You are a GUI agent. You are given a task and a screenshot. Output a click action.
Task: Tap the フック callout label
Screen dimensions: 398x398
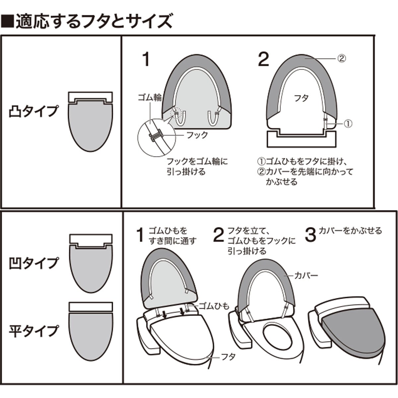pos(197,135)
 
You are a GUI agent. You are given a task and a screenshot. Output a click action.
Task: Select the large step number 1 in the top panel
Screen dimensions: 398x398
pos(146,60)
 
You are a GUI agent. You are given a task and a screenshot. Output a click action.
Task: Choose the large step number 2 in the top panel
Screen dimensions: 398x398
pos(263,60)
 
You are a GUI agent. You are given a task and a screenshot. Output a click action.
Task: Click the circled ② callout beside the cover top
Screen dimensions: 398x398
pos(342,58)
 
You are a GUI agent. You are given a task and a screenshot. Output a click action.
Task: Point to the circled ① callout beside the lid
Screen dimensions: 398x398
pos(348,124)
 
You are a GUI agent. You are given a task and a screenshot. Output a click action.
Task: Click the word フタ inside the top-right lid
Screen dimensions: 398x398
pos(301,98)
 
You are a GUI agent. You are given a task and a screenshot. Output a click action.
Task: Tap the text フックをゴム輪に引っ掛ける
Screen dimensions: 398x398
pos(197,167)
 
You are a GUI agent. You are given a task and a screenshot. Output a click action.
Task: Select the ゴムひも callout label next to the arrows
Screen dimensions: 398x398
pos(214,306)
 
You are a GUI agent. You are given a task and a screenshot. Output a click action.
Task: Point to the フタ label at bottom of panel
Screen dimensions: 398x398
pos(229,357)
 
